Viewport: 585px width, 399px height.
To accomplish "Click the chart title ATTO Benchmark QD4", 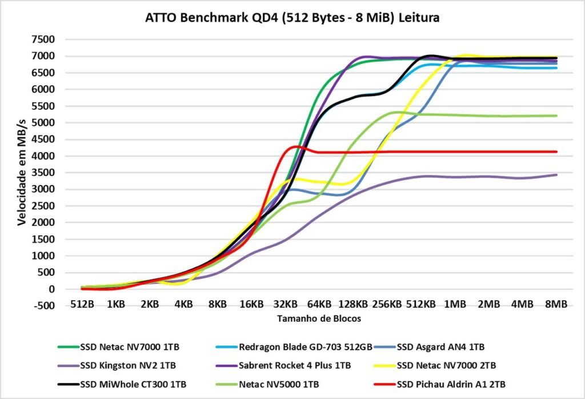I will pyautogui.click(x=292, y=18).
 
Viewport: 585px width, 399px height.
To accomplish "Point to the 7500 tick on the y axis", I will pyautogui.click(x=43, y=39).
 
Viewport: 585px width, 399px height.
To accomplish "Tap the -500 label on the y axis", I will pyautogui.click(x=43, y=306).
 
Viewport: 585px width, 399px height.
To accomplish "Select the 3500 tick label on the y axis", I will pyautogui.click(x=43, y=173).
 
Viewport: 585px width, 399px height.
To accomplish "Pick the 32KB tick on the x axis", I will pyautogui.click(x=285, y=305).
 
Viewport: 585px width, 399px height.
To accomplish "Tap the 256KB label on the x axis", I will pyautogui.click(x=387, y=305).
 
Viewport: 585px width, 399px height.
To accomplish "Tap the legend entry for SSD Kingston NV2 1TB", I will pyautogui.click(x=128, y=365).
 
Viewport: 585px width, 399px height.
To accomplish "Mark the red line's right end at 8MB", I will pyautogui.click(x=556, y=151).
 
